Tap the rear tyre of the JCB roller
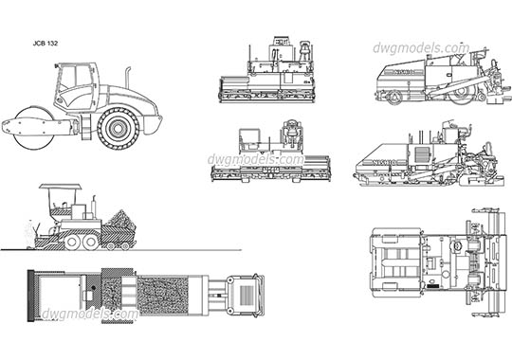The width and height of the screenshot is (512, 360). coord(119,128)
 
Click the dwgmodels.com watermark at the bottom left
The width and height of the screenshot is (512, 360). coord(98,314)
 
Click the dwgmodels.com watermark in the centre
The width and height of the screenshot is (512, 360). coord(256,160)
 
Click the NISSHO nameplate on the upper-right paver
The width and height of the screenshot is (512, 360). coord(406,72)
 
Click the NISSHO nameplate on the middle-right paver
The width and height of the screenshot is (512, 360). coord(378,162)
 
